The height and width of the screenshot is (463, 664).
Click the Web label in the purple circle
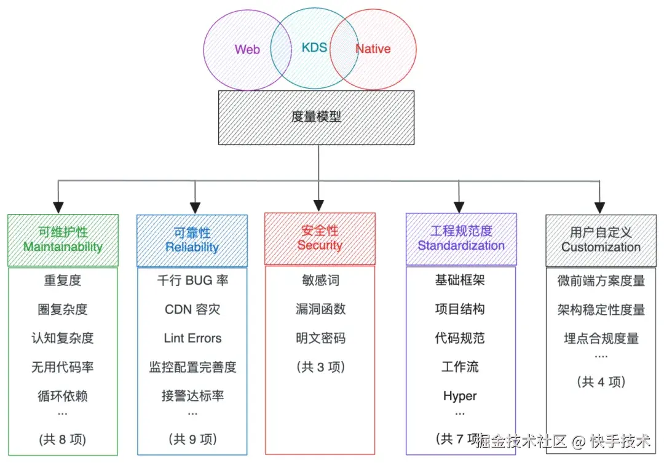[247, 49]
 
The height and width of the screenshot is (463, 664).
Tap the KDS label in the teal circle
[314, 47]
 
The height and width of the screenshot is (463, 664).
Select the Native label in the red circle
[373, 49]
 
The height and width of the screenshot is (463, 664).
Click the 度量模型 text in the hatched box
[316, 117]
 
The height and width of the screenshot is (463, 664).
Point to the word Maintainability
[63, 247]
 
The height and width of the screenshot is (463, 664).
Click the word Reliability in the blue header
[192, 247]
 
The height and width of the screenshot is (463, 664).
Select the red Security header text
[319, 245]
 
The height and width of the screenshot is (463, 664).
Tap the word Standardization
[461, 245]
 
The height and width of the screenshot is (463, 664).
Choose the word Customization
[601, 247]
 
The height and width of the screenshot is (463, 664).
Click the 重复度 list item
[63, 281]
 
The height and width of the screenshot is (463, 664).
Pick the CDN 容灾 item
[192, 309]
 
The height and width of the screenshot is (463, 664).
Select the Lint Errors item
[192, 338]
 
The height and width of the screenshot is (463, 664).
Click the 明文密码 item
[320, 338]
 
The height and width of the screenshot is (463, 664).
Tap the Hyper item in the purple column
[460, 396]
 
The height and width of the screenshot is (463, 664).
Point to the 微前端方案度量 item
[601, 281]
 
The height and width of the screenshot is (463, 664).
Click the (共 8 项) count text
[63, 439]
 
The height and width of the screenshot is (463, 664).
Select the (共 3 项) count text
[320, 367]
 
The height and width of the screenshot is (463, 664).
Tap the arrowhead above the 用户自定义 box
[599, 207]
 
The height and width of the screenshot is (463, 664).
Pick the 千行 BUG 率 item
[192, 281]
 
